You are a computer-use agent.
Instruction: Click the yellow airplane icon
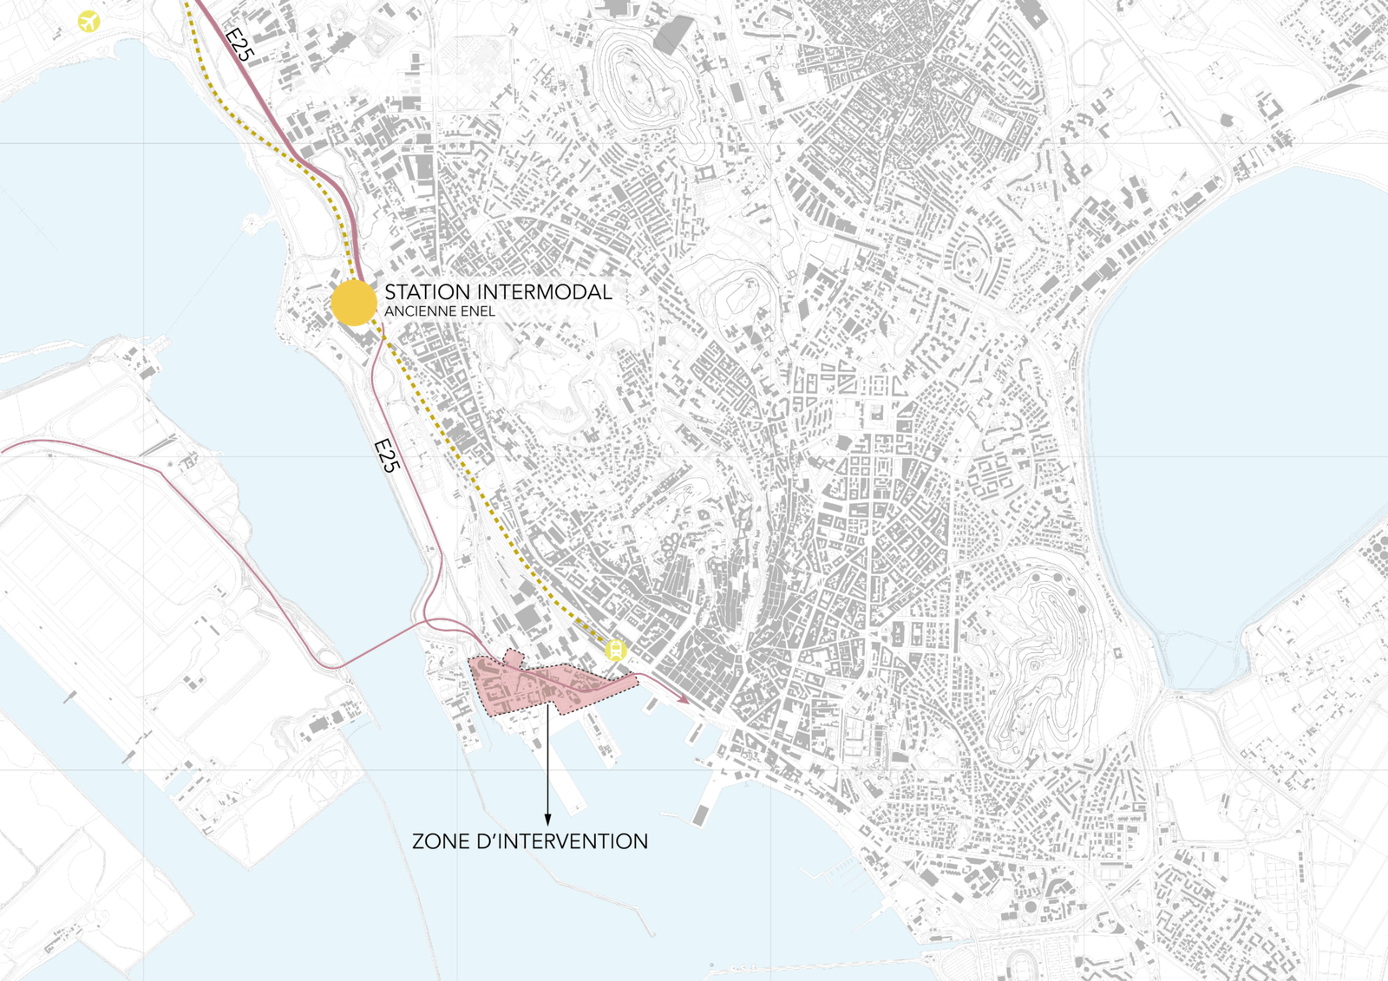tap(88, 21)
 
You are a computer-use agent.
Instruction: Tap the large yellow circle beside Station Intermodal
tap(353, 303)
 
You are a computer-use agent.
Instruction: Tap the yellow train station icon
tap(615, 650)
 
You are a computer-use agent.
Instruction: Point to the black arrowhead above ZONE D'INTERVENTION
tap(547, 819)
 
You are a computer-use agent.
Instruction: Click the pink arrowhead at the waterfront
tap(685, 699)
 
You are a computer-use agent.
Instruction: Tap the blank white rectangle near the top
tap(382, 85)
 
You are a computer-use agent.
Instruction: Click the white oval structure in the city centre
tap(691, 488)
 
